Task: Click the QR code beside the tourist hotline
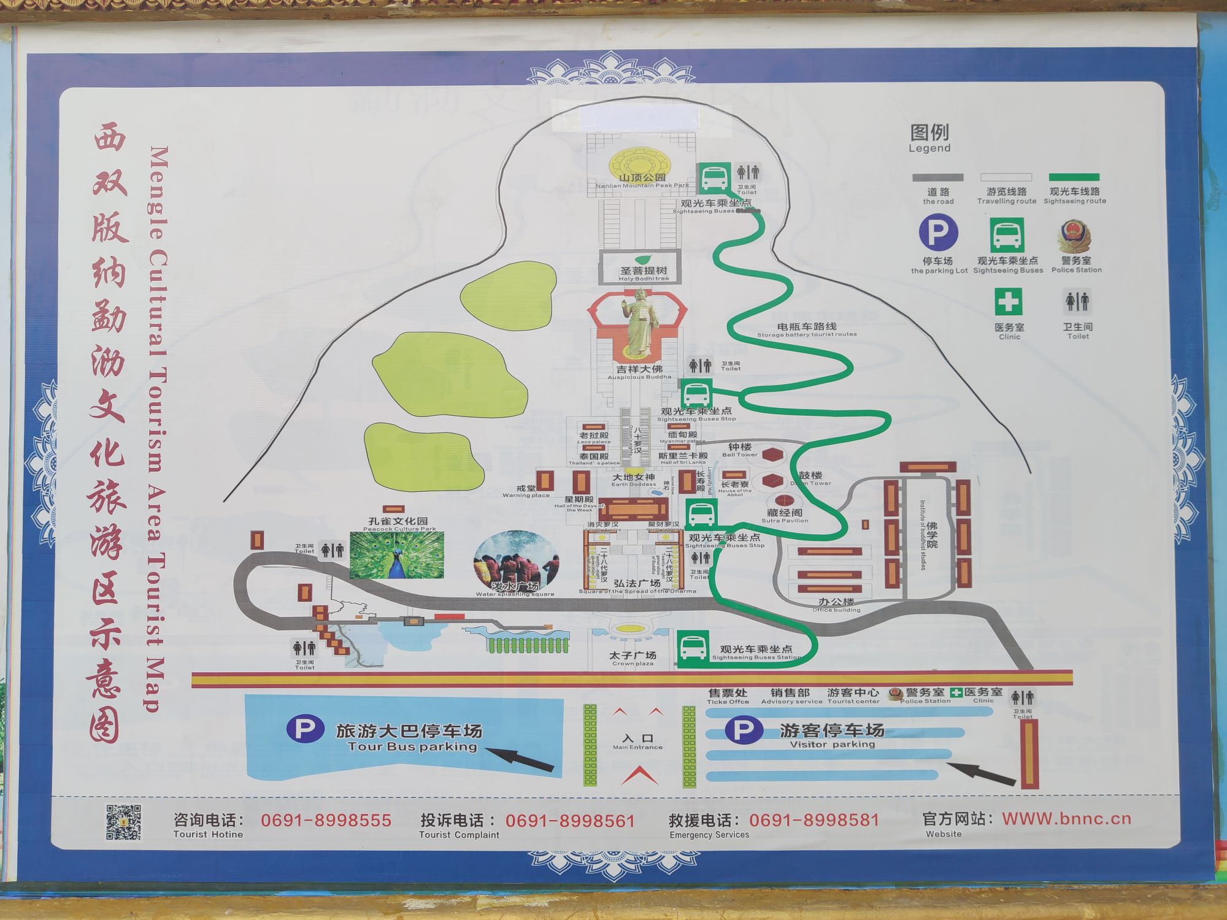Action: pos(123,822)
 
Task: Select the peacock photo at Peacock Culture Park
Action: pos(396,555)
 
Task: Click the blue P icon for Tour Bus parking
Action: pos(305,729)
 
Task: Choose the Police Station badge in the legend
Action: pos(1075,236)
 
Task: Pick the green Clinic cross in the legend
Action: pos(1008,302)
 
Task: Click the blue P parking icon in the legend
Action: pos(938,233)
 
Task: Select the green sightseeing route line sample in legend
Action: pos(1074,177)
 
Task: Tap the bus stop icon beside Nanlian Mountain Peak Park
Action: pos(714,177)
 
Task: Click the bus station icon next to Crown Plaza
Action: pos(693,649)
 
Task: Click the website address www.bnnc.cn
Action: pos(1066,819)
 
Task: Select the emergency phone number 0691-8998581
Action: pos(814,820)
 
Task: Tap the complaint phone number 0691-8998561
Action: pos(570,821)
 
